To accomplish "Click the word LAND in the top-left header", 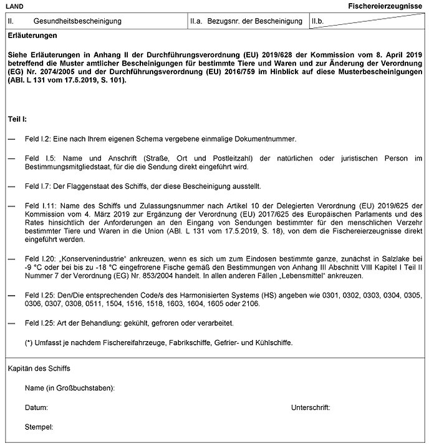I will coord(13,5).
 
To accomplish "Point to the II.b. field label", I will coord(318,21).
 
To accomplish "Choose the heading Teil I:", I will coord(17,119).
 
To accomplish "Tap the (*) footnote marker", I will coord(29,342).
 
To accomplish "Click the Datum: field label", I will coord(37,408).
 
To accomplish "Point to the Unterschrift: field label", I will coord(310,408).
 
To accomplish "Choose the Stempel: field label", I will coord(39,427).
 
